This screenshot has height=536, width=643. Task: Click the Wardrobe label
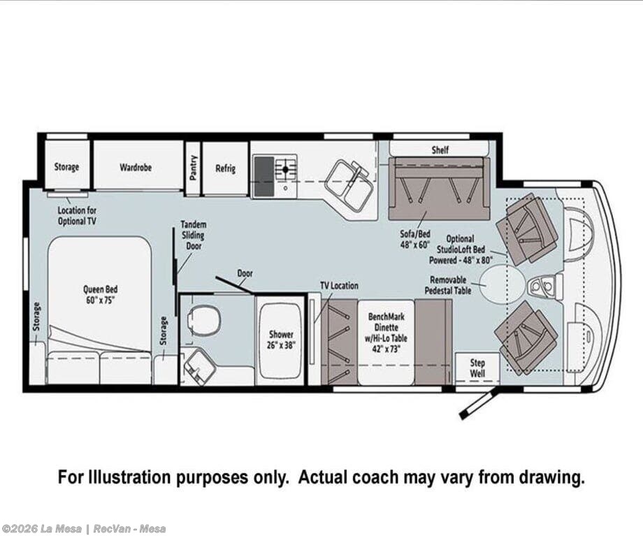(136, 167)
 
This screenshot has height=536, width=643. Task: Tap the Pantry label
(194, 167)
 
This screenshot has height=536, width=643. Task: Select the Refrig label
(226, 168)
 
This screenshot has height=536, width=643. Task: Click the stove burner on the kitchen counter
(286, 168)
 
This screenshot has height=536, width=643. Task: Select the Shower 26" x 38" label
(281, 340)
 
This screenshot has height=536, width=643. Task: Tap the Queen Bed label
(101, 294)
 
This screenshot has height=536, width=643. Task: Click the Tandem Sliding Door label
(194, 235)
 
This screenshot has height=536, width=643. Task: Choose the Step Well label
(477, 368)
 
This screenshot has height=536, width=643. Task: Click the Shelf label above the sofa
(440, 150)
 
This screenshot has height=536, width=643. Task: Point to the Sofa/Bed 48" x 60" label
(415, 239)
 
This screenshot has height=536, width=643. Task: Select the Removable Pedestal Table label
(448, 285)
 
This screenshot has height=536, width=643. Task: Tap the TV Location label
(339, 285)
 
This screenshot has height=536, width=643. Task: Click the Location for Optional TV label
(77, 216)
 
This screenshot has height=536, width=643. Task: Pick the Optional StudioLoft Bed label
(461, 249)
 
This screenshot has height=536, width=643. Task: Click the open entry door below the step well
(479, 403)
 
